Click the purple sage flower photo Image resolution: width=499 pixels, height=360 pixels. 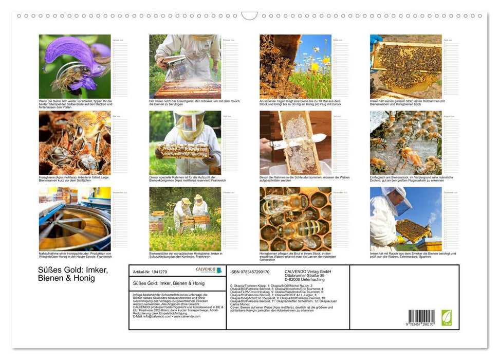[x=75, y=66]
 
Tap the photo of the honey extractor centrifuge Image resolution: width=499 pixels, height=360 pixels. [x=75, y=219]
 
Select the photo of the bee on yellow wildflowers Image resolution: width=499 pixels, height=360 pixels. [x=295, y=66]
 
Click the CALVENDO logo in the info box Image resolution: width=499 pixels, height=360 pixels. [x=209, y=270]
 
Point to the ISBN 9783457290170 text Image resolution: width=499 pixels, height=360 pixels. [x=250, y=272]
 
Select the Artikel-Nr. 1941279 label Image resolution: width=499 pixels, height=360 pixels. [x=150, y=272]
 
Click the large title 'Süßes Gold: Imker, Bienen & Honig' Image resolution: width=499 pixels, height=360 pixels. [x=73, y=275]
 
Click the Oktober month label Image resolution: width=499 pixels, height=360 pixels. [x=227, y=192]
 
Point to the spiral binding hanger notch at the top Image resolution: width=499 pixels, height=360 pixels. [x=249, y=16]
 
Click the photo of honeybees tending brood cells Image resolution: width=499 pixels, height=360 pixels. [x=295, y=219]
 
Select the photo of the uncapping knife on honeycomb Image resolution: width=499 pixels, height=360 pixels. [x=295, y=142]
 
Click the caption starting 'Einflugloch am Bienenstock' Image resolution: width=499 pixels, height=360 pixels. [x=411, y=178]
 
